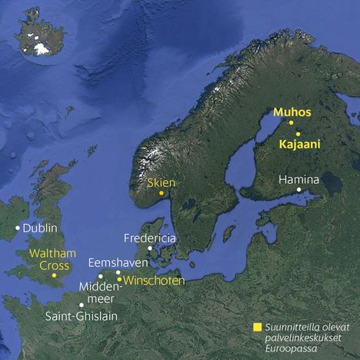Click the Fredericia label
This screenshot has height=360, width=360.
[x=150, y=238]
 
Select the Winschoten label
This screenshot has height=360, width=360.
[x=154, y=281]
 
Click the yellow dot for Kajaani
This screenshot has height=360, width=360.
[x=298, y=134]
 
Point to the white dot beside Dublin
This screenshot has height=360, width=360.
[x=18, y=228]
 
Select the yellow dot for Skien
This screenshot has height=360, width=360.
[x=161, y=193]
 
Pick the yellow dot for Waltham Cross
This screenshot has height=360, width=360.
[x=54, y=275]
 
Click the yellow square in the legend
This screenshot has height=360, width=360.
[x=256, y=326]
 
